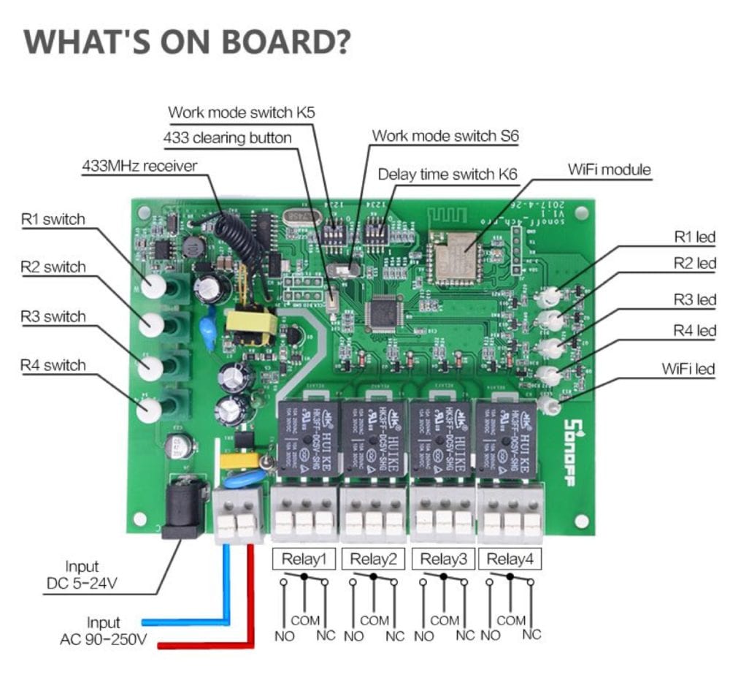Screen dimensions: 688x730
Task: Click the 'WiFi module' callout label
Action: click(609, 169)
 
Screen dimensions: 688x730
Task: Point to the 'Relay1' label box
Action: click(304, 559)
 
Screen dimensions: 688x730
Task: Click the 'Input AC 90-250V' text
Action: click(102, 631)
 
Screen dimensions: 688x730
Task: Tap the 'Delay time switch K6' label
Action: click(447, 175)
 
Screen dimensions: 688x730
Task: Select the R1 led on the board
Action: click(550, 296)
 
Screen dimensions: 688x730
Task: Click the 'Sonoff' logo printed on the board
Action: click(572, 450)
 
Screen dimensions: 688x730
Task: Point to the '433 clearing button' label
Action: click(227, 137)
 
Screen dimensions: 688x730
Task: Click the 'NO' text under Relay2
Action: click(353, 635)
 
